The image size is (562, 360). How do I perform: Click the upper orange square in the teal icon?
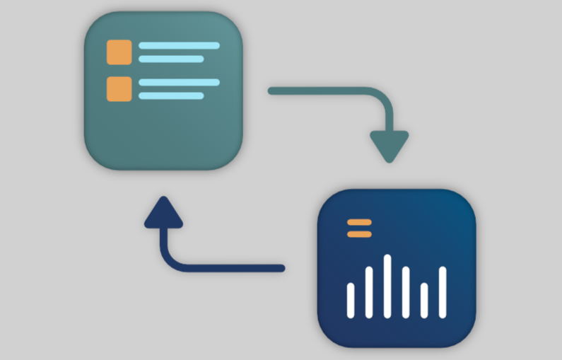119,52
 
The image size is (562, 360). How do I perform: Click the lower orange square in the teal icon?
119,88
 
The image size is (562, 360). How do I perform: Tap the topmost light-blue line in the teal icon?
178,45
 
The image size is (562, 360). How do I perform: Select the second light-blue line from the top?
171,59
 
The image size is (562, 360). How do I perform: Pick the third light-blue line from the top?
178,82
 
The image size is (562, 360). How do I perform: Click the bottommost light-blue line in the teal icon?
171,95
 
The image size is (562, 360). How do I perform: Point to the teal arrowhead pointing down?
389,144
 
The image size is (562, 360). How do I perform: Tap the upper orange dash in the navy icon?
359,223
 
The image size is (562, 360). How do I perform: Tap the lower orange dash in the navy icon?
359,233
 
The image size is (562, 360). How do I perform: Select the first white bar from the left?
351,300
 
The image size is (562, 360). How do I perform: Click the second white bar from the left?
369,291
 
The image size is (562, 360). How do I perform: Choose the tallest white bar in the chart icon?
387,286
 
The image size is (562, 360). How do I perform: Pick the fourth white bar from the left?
406,291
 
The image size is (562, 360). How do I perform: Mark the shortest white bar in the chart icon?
424,300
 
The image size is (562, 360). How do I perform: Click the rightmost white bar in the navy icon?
443,291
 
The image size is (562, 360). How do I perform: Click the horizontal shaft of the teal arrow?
318,91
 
